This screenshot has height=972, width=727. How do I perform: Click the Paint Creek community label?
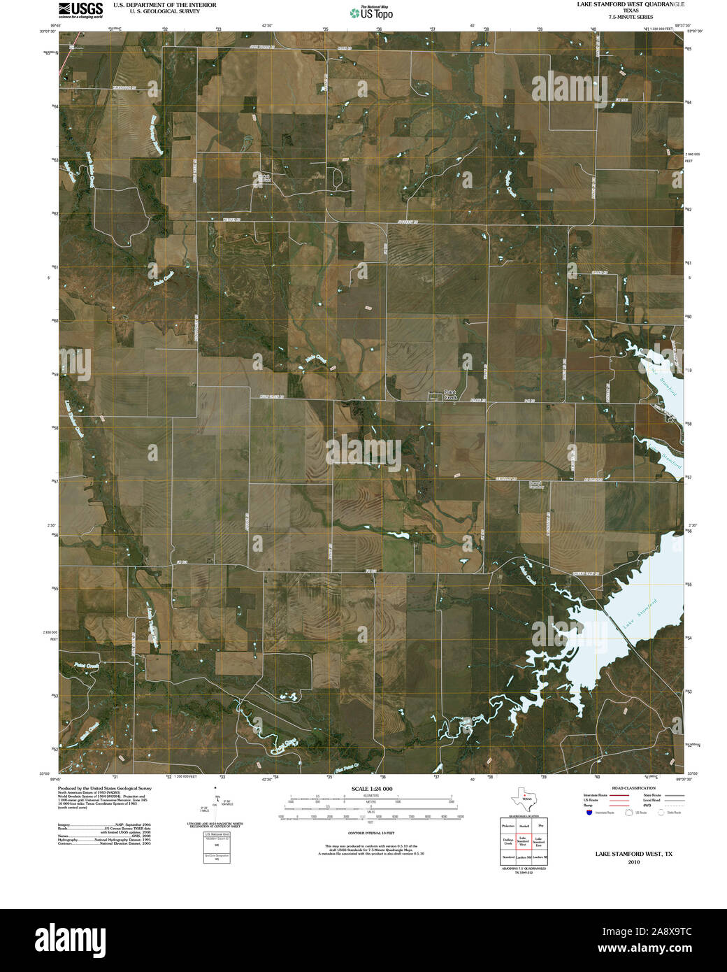[450, 394]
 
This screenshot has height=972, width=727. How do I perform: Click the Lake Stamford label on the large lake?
[641, 614]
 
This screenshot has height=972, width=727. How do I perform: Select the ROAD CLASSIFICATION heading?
[633, 788]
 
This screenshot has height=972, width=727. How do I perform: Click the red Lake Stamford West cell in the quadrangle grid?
[522, 843]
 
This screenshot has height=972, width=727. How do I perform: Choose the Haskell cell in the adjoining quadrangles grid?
[522, 826]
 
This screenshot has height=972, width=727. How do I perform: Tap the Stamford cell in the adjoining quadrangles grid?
[508, 857]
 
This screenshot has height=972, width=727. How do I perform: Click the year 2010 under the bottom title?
[633, 862]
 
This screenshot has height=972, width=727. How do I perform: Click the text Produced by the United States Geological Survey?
[104, 787]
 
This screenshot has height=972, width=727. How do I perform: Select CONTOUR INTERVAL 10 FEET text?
[371, 834]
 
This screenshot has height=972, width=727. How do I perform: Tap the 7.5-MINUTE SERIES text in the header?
[631, 16]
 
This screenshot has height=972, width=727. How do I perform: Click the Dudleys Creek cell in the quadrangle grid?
[508, 843]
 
